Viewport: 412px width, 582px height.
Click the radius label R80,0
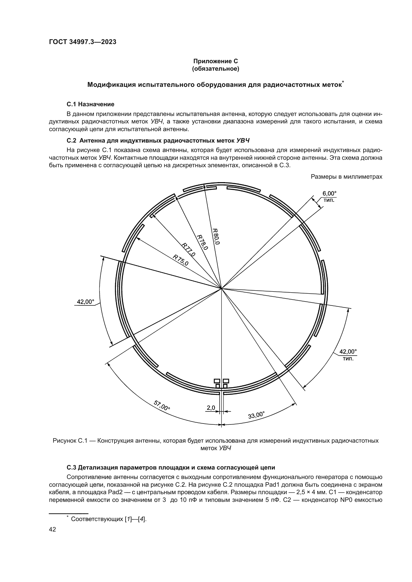coord(216,236)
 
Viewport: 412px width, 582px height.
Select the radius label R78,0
coord(203,242)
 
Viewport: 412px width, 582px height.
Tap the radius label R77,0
coord(188,250)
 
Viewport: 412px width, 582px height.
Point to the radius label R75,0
coord(181,260)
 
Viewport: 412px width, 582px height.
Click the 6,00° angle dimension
coord(329,194)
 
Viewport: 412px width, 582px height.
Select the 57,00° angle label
coord(162,405)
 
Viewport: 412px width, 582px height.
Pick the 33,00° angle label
coord(256,415)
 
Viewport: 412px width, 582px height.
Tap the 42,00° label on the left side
coord(85,302)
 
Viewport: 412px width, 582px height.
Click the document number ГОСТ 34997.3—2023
coord(83,42)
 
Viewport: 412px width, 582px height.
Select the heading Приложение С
coord(216,61)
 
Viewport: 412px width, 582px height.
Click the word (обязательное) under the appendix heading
coord(216,69)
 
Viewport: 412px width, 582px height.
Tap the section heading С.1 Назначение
coord(91,104)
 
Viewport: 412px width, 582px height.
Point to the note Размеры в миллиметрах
coord(346,177)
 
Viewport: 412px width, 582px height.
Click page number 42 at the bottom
coord(52,529)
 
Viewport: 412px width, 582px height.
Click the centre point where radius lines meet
coord(221,288)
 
